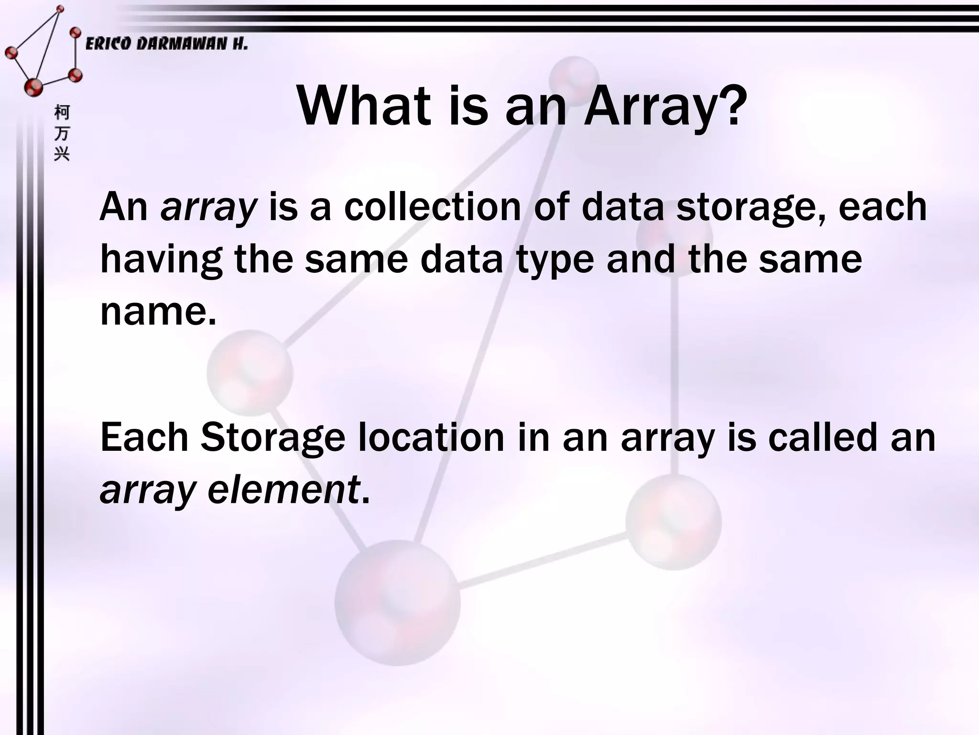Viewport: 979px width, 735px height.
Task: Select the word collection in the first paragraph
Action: [432, 207]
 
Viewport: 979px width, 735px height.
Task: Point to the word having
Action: [161, 260]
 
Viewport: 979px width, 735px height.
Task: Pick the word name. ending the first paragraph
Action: [158, 312]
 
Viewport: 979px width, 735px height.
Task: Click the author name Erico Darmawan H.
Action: [166, 45]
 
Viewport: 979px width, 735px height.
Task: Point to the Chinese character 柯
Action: [62, 113]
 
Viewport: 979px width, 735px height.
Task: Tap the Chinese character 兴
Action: [62, 154]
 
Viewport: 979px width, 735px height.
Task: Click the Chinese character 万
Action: [62, 134]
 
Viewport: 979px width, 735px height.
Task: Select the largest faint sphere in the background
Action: [397, 603]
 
